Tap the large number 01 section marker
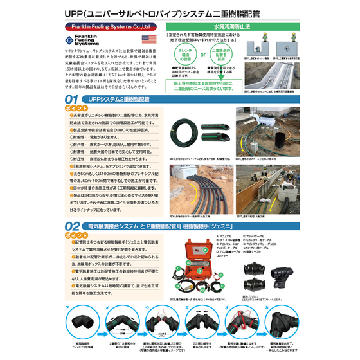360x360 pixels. pyautogui.click(x=76, y=100)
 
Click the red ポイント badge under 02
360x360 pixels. pyautogui.click(x=76, y=235)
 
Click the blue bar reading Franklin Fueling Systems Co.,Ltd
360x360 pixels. pyautogui.click(x=109, y=28)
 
